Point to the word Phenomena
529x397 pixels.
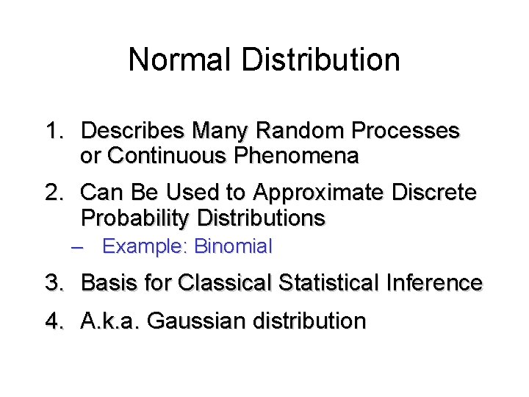pyautogui.click(x=296, y=156)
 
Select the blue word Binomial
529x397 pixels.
pyautogui.click(x=234, y=246)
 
